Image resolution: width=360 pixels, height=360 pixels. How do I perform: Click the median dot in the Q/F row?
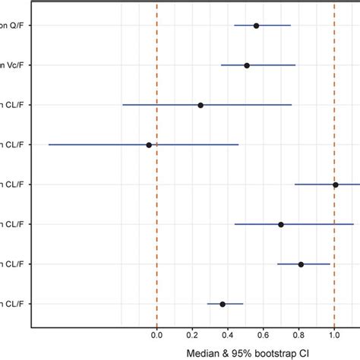click(256, 26)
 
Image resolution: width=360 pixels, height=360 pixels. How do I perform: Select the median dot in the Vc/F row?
click(247, 65)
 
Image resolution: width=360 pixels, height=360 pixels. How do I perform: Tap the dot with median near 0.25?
click(201, 105)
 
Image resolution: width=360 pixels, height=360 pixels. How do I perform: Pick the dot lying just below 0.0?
click(149, 144)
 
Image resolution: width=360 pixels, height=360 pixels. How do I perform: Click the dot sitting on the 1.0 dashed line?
click(335, 185)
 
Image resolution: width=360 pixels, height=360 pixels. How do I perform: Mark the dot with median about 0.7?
click(281, 224)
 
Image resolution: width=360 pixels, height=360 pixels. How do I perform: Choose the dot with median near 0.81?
click(301, 264)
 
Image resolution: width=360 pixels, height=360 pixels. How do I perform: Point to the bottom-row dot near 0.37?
click(223, 304)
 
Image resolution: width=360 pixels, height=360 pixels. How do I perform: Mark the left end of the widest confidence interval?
click(49, 144)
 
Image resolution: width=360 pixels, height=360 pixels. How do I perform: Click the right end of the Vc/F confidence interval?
click(295, 65)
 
